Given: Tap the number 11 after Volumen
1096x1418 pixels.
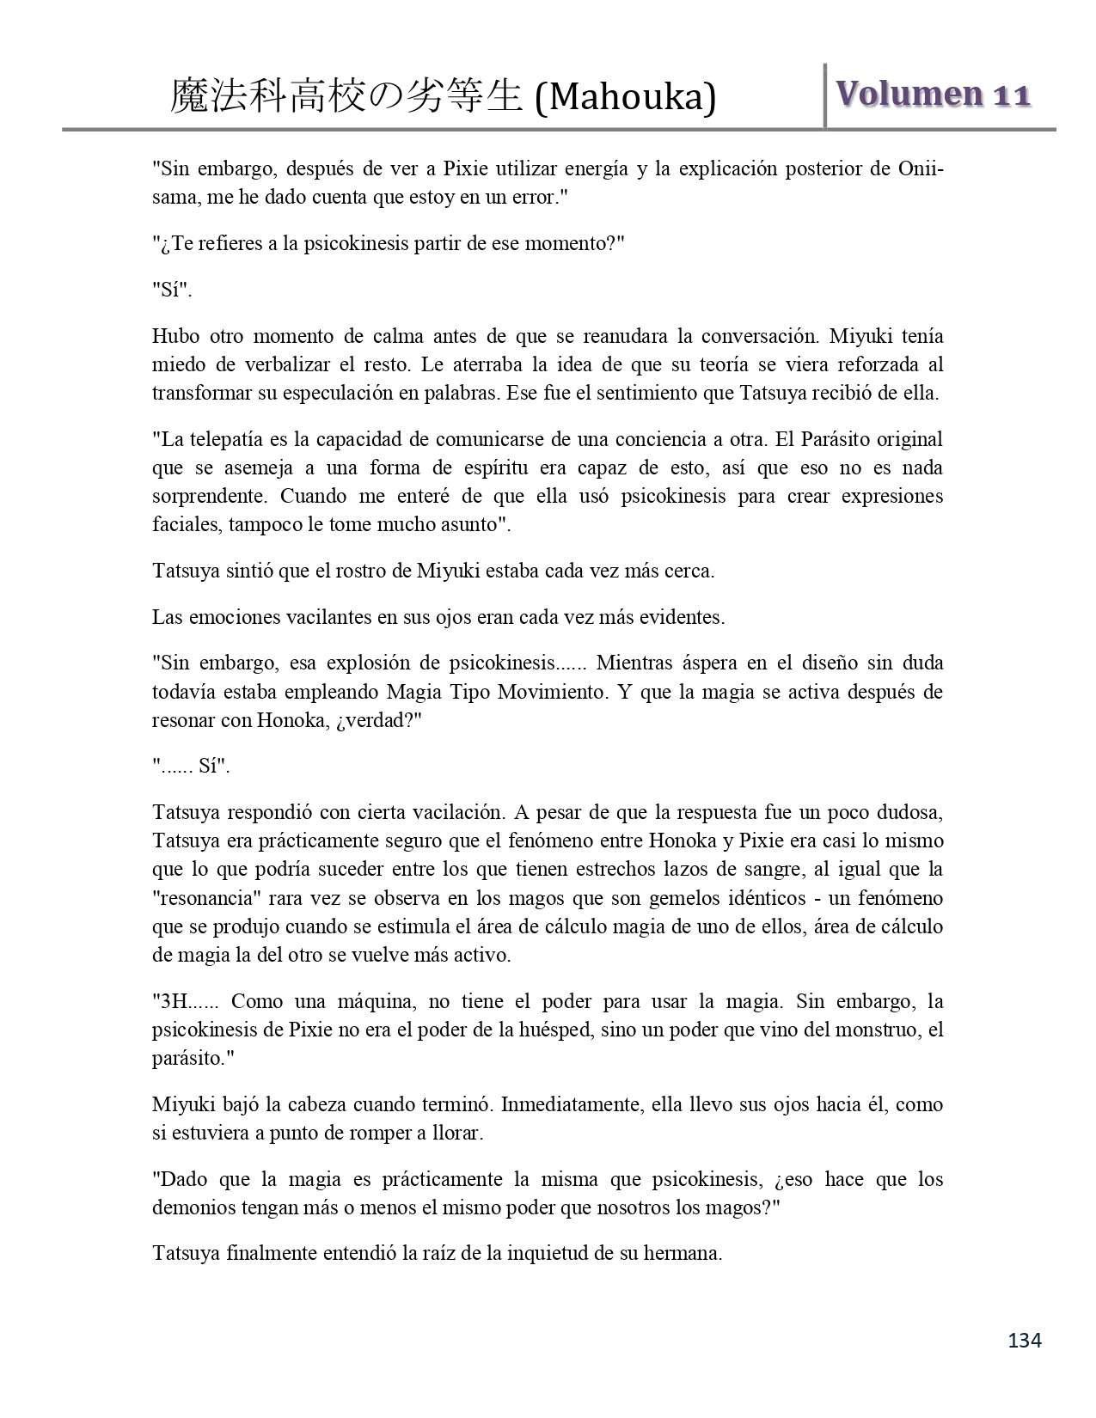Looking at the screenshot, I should pos(1012,95).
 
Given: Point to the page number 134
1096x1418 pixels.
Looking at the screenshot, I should pos(1025,1340).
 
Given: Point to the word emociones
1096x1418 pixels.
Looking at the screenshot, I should pos(226,617).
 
